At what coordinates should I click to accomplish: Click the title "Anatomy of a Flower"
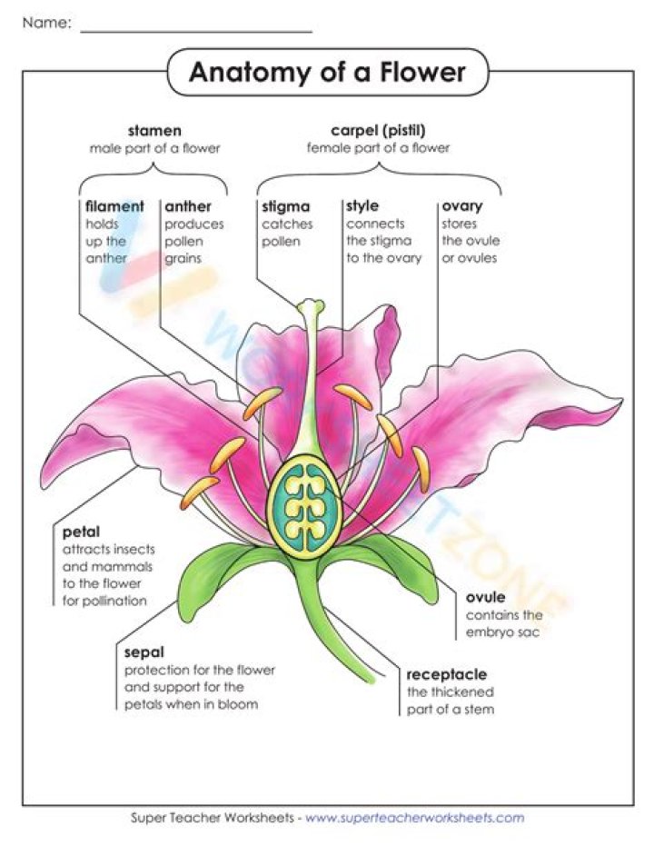[x=327, y=73]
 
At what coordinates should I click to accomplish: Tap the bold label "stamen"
[x=154, y=131]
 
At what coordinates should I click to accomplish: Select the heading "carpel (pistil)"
[x=378, y=131]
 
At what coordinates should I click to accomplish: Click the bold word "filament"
[x=114, y=206]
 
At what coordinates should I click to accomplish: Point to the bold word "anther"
[x=187, y=206]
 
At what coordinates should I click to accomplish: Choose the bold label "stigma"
[x=285, y=206]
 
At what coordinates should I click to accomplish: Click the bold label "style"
[x=362, y=206]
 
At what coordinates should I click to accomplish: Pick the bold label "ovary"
[x=461, y=206]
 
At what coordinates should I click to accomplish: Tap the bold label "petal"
[x=81, y=532]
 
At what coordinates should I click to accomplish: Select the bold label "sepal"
[x=144, y=652]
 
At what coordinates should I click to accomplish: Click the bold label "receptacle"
[x=446, y=674]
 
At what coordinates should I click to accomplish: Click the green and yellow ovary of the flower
[x=303, y=512]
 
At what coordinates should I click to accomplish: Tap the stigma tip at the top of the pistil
[x=310, y=306]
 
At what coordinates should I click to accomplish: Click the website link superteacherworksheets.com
[x=414, y=818]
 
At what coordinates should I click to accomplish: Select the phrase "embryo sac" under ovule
[x=502, y=632]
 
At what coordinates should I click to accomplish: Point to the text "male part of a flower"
[x=154, y=147]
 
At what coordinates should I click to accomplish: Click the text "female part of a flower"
[x=378, y=147]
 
